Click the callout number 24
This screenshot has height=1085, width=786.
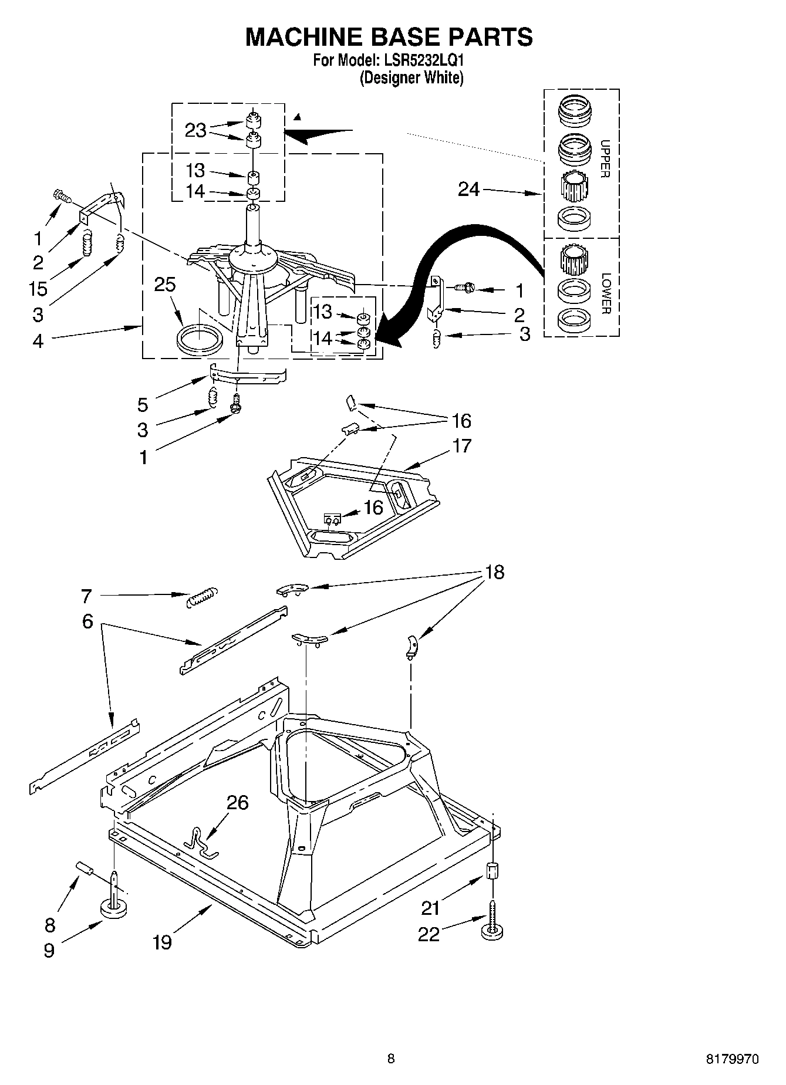click(x=468, y=189)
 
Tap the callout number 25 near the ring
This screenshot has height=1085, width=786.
click(x=165, y=285)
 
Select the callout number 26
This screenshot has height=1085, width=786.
click(x=237, y=802)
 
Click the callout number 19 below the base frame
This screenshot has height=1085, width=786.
click(x=162, y=942)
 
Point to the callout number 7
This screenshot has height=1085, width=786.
click(x=86, y=597)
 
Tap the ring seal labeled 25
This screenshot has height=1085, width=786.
click(x=200, y=340)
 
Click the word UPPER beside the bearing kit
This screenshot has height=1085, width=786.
click(x=605, y=158)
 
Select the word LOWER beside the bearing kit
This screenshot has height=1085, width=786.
click(x=605, y=293)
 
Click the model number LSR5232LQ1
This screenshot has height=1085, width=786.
click(x=422, y=60)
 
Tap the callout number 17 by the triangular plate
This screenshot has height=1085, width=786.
click(x=462, y=446)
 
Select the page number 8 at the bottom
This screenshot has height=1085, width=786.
click(x=391, y=1059)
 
